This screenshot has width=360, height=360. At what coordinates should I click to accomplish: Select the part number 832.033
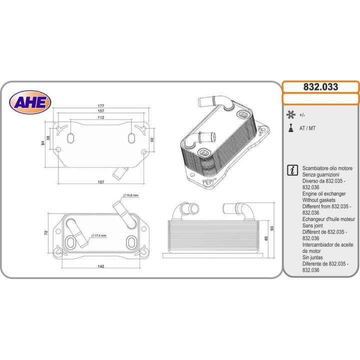click(x=320, y=87)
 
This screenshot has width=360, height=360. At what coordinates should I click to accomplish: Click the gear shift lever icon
click(x=290, y=128)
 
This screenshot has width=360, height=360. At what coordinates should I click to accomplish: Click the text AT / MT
click(x=307, y=128)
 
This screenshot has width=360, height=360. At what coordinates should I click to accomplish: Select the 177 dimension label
click(x=101, y=106)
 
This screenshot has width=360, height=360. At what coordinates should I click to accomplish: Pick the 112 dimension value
click(x=101, y=117)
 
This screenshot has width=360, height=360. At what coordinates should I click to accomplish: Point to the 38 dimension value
click(x=48, y=138)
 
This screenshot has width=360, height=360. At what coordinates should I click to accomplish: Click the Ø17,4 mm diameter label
click(x=98, y=235)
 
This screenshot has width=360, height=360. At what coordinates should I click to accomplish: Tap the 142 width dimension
click(x=101, y=266)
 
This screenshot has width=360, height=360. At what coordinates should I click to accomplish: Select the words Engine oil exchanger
click(x=324, y=193)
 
